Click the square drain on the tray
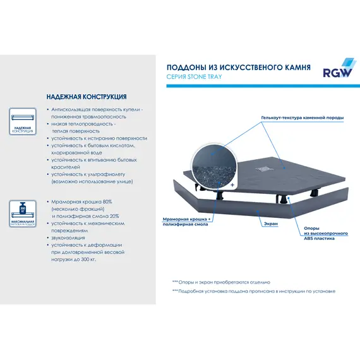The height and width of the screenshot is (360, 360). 261,167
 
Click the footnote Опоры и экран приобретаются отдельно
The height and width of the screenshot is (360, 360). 222,282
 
